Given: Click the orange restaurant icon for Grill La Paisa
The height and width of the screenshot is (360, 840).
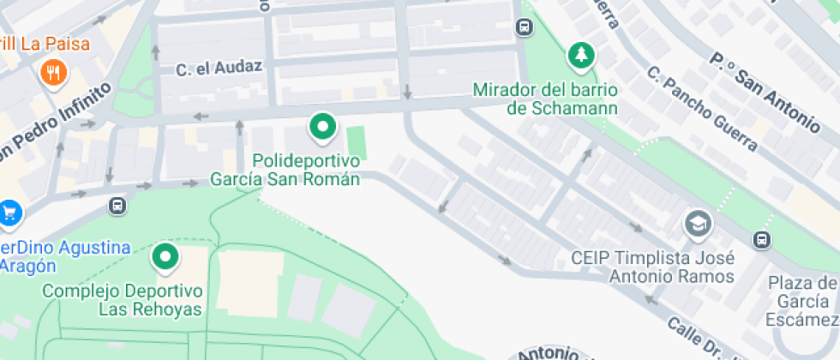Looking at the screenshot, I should pos(53,74).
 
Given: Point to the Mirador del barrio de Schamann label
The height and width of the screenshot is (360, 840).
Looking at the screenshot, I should pos(546,99).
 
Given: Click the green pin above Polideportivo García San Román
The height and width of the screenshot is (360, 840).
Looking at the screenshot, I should pos(322,129).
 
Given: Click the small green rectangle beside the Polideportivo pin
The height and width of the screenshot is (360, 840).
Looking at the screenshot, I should pos(357,143).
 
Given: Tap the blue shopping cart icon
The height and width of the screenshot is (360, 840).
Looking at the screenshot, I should pos(9,211).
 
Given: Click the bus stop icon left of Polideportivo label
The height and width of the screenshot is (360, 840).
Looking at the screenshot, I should pos(117,206).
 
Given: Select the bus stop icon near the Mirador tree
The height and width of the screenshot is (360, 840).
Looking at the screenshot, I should pos(524,27).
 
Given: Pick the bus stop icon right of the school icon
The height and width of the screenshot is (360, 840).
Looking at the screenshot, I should pos(761,239).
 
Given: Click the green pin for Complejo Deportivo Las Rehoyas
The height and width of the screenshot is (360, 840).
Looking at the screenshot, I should pos(165,256).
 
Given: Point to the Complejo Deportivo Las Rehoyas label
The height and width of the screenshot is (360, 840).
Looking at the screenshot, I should pos(122,300).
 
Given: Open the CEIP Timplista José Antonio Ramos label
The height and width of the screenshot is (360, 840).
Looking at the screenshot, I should pos(653,267).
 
